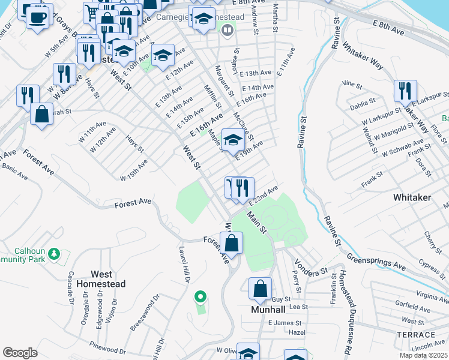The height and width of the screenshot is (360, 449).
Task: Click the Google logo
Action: click(x=20, y=353)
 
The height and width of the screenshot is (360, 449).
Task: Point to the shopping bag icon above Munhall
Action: click(x=261, y=289)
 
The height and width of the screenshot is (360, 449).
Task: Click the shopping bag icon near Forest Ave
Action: click(x=231, y=244)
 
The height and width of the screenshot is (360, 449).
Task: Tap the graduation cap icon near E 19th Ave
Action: click(x=233, y=140)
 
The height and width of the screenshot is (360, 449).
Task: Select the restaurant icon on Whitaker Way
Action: click(x=405, y=91)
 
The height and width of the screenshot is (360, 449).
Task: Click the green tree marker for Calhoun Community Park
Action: click(x=54, y=254)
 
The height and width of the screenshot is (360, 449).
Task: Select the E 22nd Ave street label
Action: click(x=265, y=196)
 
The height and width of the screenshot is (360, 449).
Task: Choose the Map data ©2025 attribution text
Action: click(x=424, y=355)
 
